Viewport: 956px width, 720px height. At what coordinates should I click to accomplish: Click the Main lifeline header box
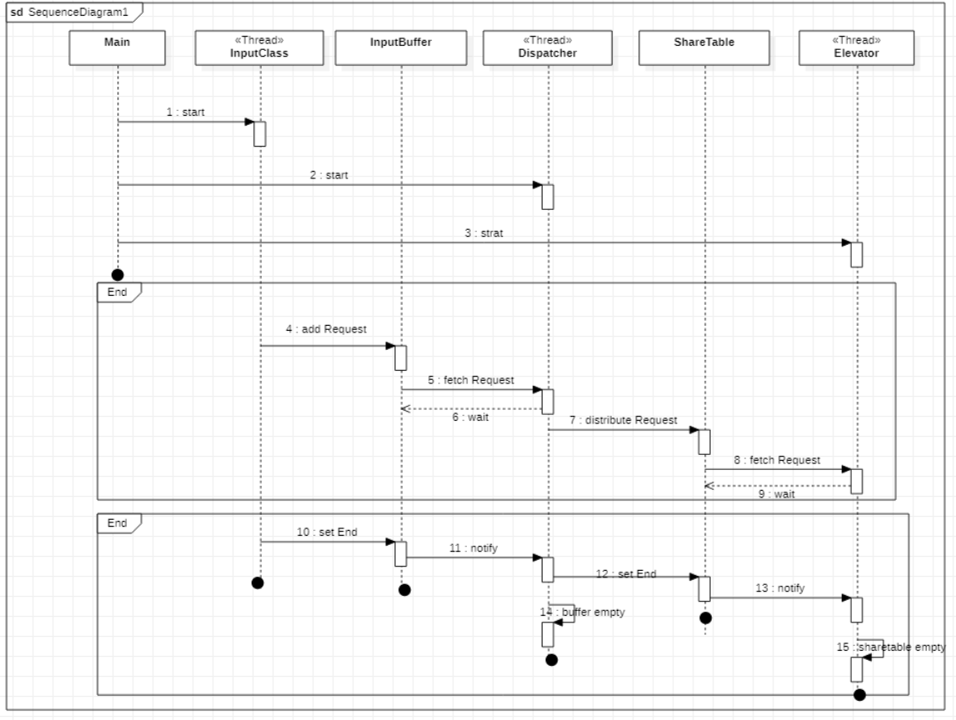click(118, 48)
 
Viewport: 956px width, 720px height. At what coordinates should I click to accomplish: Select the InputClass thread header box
click(260, 48)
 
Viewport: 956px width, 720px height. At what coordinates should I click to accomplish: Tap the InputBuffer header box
click(401, 48)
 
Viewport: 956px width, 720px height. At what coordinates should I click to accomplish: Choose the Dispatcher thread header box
click(548, 48)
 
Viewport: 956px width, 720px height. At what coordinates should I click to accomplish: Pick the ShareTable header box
click(704, 48)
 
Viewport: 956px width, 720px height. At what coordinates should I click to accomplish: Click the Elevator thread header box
click(856, 48)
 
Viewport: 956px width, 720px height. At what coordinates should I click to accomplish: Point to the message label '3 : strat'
click(483, 233)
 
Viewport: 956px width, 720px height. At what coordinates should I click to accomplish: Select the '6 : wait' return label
click(470, 417)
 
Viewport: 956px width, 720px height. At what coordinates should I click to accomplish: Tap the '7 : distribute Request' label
click(623, 420)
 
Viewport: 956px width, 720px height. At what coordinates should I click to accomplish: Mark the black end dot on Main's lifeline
click(118, 274)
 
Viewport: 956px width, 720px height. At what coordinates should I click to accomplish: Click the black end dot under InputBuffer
click(404, 590)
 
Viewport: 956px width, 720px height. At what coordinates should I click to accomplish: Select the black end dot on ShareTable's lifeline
click(705, 617)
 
